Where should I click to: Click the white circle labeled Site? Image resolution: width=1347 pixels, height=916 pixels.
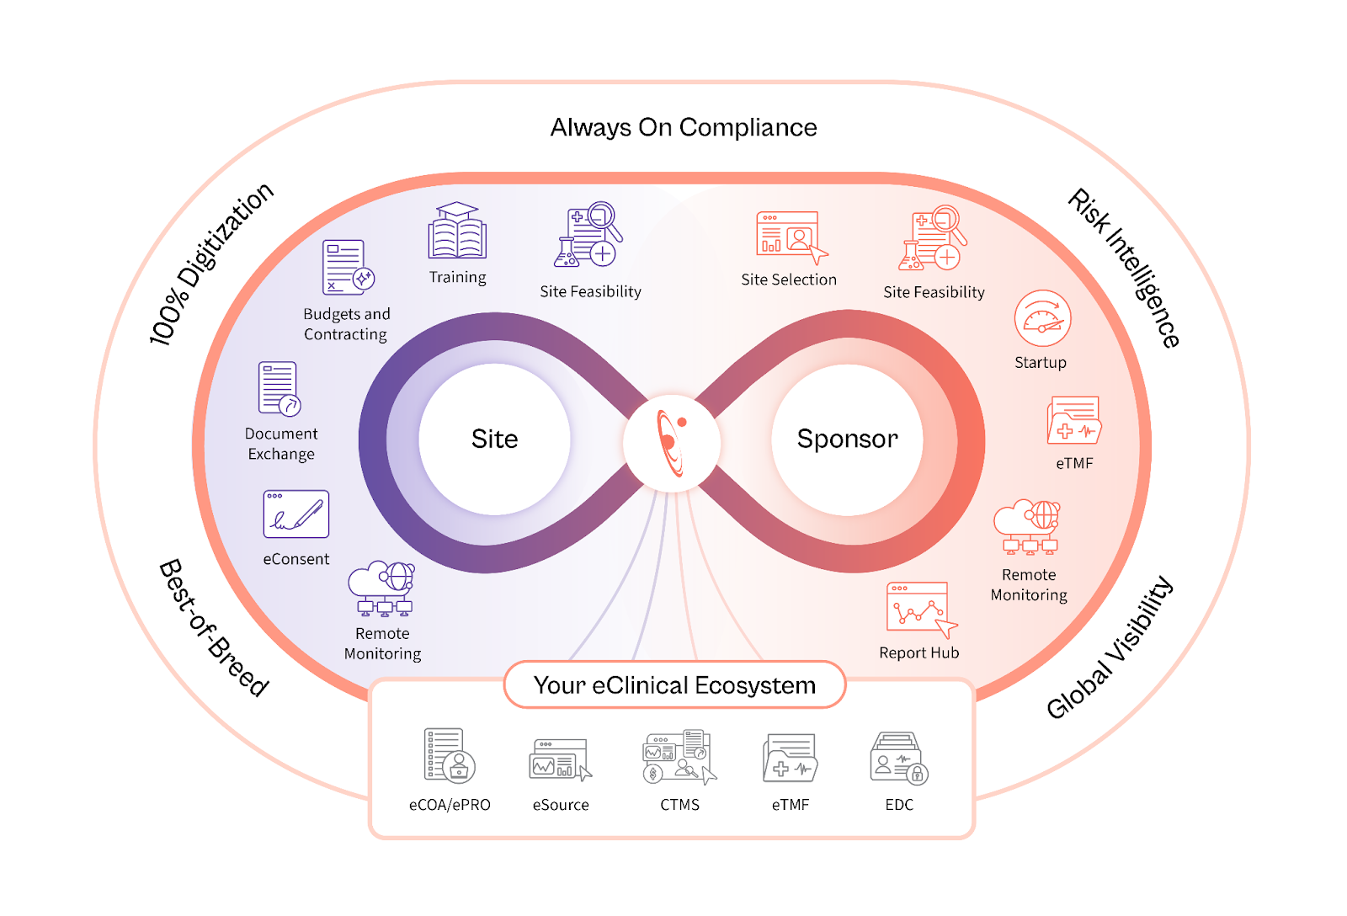point(494,439)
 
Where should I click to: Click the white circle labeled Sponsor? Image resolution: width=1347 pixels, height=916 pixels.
point(847,439)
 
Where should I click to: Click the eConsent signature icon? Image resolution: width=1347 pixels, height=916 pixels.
point(296,514)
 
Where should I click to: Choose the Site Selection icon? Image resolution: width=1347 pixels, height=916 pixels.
point(791,236)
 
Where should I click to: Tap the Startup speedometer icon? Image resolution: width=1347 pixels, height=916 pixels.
point(1042,318)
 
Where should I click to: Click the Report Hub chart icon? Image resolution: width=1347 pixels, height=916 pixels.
point(920,608)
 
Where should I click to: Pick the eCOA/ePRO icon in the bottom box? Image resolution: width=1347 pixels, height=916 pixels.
point(449,755)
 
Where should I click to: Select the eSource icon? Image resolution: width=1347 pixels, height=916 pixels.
point(560,759)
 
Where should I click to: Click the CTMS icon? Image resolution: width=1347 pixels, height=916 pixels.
point(679,757)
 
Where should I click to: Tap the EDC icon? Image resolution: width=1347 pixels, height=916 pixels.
point(898,758)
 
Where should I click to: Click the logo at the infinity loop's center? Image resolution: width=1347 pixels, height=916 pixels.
point(672,443)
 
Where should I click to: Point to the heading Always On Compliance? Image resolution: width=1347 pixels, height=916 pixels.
point(684,127)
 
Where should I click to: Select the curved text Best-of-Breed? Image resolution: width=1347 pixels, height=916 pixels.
point(214,627)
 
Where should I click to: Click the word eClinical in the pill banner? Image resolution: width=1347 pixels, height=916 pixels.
point(641,685)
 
